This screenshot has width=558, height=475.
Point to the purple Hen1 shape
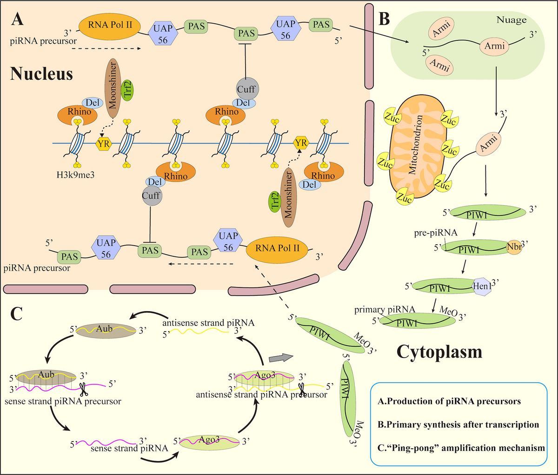pos(483,287)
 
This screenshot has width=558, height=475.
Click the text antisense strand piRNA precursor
pos(261,394)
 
